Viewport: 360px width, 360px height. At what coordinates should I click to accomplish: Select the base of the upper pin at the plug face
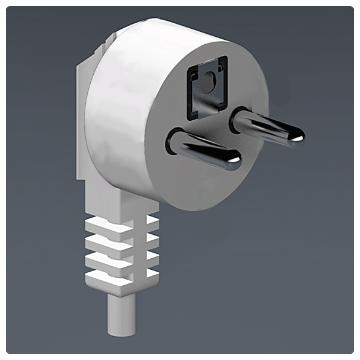pyautogui.click(x=240, y=120)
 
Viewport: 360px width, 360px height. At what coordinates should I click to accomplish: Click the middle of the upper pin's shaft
pyautogui.click(x=268, y=127)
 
